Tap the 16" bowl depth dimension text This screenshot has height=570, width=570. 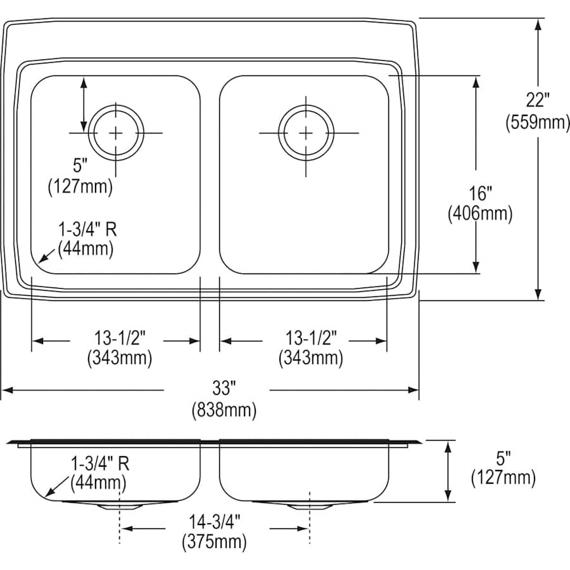tap(479, 193)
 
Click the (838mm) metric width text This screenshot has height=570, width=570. tap(224, 410)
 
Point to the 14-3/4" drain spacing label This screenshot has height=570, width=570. tap(214, 522)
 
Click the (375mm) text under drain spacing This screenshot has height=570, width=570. tap(214, 541)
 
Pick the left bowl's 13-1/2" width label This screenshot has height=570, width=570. tap(119, 338)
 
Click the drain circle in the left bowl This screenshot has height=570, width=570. tap(116, 132)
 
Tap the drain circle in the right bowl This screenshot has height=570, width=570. tap(306, 132)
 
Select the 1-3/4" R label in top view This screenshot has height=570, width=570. tap(87, 229)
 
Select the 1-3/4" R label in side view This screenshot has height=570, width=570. tap(99, 464)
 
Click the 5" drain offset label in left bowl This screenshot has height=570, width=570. tap(80, 167)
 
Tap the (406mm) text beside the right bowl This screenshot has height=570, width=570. tap(479, 214)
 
